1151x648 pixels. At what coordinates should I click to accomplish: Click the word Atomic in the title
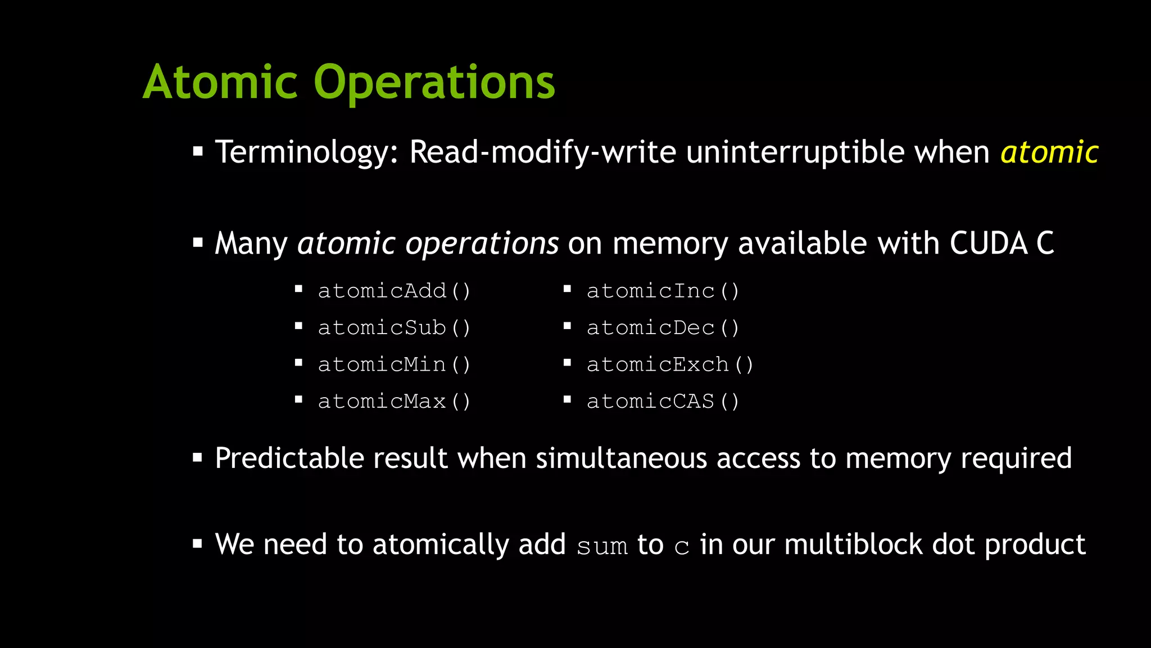point(220,82)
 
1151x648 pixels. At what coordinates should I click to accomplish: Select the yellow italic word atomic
point(1049,152)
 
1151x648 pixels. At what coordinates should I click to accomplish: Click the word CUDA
point(989,243)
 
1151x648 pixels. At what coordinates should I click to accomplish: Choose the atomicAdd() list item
point(394,291)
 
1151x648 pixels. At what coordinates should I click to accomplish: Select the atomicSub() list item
point(394,327)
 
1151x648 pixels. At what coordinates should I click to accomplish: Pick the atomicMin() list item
point(394,364)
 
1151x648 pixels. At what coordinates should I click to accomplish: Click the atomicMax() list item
point(394,401)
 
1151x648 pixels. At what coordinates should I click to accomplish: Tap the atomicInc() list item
point(663,291)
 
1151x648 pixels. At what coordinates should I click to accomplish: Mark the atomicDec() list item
point(663,327)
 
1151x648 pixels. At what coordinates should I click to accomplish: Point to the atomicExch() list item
point(670,364)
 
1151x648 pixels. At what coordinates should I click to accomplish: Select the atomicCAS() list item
point(663,401)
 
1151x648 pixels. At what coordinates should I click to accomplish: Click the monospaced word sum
point(602,546)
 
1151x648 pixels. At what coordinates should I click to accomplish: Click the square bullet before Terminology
point(197,151)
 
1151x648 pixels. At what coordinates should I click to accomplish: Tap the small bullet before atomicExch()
point(567,363)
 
